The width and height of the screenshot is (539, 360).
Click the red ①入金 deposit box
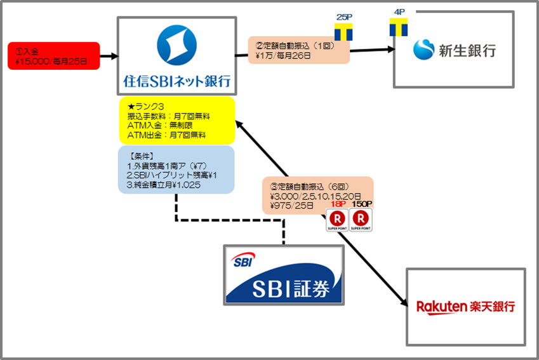53,56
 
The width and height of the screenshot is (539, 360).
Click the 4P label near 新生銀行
397,12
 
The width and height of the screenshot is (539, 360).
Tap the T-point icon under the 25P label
343,33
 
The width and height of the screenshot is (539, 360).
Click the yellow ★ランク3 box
176,120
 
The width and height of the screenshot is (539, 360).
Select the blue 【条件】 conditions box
176,169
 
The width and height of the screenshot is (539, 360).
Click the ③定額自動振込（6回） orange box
317,193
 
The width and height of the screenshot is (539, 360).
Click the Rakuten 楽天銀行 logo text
465,307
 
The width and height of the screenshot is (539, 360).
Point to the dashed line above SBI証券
229,221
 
